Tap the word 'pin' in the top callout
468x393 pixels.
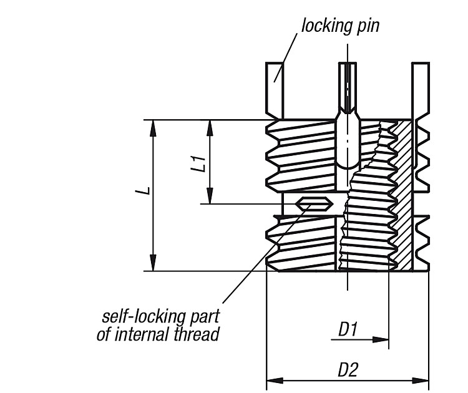(367, 26)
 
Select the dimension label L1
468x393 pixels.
(198, 163)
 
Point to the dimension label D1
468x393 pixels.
(348, 329)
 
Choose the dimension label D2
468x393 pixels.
(348, 370)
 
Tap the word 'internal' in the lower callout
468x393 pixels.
(142, 334)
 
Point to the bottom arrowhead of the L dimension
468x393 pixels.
(153, 263)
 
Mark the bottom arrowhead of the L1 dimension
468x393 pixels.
(210, 195)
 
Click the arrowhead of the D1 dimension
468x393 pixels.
(381, 339)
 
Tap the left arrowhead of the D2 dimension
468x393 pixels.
(275, 381)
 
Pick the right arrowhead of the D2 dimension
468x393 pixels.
(421, 381)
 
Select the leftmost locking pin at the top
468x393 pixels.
(275, 90)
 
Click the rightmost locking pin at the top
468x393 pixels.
(421, 90)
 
